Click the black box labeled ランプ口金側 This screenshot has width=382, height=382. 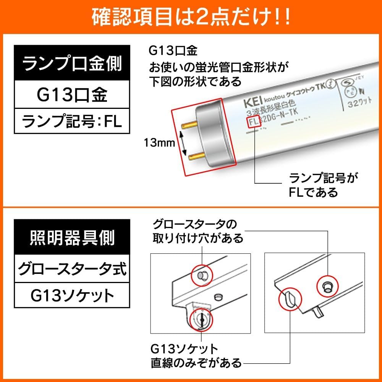pos(72,63)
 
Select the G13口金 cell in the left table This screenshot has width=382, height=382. pos(72,94)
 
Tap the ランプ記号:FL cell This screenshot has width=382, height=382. pos(72,121)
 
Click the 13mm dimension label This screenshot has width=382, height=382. pos(159,143)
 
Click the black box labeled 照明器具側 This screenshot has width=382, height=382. pos(72,238)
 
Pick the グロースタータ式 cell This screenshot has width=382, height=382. pos(72,269)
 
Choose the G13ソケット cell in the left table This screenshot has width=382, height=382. pos(72,296)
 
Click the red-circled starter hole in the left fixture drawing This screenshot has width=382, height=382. pos(201,275)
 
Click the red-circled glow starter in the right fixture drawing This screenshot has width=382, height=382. pos(328,285)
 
